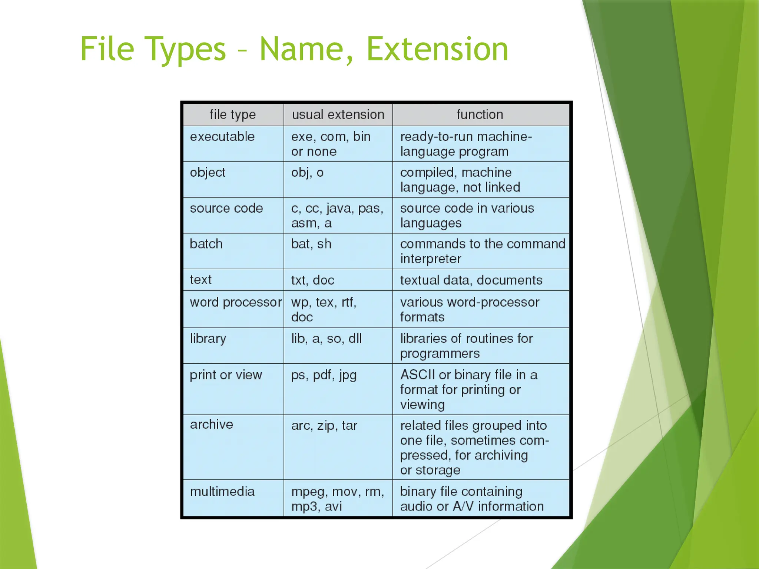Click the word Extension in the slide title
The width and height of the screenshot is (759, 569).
pos(437,49)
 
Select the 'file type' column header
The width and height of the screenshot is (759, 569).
pos(233,114)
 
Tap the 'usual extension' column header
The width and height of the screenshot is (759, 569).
pos(338,114)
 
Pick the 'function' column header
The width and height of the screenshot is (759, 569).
pos(480,114)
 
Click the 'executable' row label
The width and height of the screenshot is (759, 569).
pos(222,137)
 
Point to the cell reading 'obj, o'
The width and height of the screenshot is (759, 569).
pos(307,173)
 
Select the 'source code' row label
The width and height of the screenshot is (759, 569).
pos(226,208)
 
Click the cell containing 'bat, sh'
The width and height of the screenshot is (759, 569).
pos(311,244)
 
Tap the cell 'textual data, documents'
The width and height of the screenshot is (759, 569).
pos(471,280)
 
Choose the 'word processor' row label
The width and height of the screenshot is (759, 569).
pos(236,302)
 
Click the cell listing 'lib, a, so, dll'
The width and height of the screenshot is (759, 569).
pos(327,339)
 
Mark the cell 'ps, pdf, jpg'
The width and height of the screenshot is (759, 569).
pos(324,375)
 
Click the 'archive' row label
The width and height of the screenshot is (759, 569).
pos(212,425)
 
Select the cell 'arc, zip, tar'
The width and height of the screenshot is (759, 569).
pos(324,426)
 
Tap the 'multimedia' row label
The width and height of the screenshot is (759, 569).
pos(222,492)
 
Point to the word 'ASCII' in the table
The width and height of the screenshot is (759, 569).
pos(418,375)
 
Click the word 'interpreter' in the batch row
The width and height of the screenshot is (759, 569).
pos(431,259)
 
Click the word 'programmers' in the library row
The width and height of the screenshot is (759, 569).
pos(440,354)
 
